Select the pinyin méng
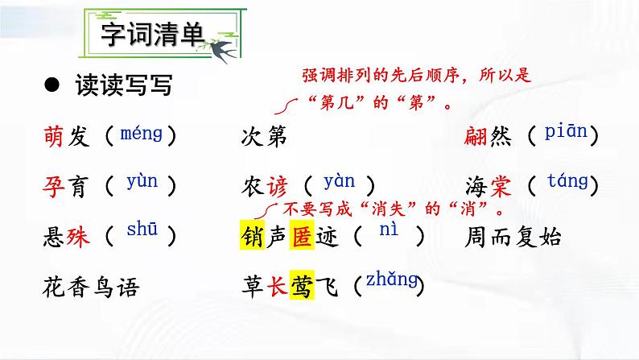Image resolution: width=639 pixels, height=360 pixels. pos(140,134)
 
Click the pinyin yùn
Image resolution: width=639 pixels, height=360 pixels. pos(142,182)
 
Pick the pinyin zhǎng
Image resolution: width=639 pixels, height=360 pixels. pos(391,280)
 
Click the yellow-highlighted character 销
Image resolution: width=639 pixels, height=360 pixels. pos(252,235)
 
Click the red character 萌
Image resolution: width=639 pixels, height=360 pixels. pos(58,137)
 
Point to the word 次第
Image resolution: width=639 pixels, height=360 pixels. pos(263,137)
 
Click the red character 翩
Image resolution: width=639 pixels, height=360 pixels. pos(477,137)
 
